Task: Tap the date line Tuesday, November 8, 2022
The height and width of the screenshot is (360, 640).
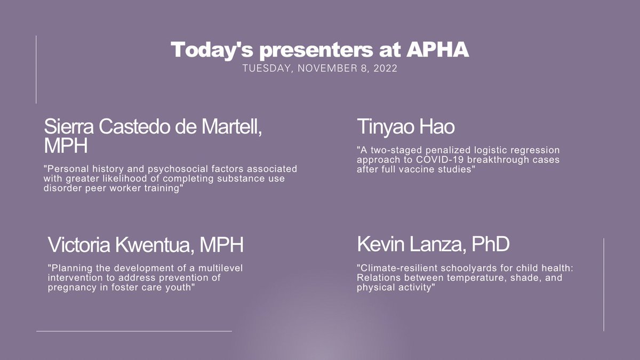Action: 319,69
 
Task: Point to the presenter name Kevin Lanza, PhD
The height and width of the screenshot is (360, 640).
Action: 433,244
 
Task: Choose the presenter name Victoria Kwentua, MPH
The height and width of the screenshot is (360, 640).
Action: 146,245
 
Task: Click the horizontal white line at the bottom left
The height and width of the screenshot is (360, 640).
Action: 133,331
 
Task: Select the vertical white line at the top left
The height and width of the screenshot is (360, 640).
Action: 36,69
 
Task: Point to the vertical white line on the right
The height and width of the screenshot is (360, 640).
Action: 604,284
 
